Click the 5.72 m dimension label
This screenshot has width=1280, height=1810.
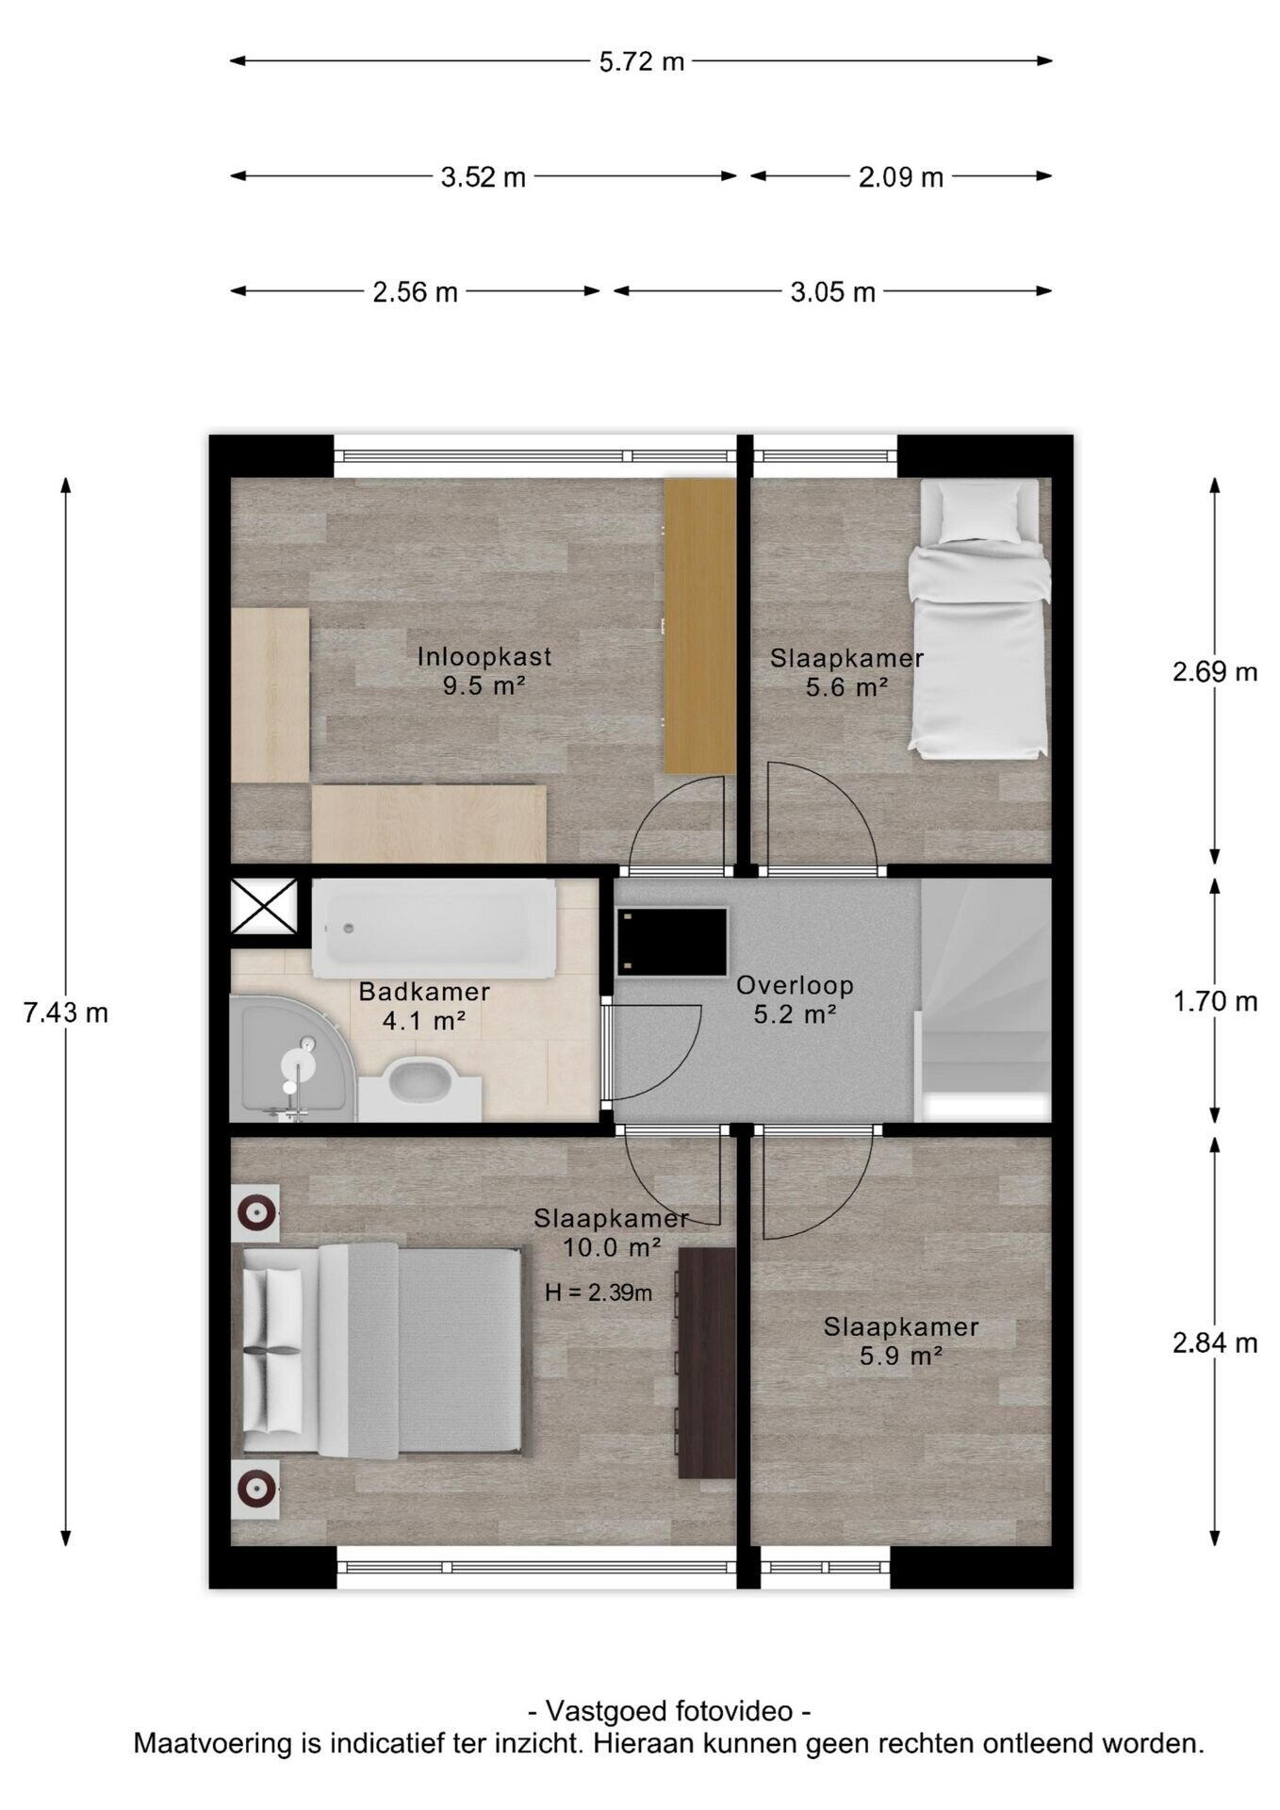tap(641, 62)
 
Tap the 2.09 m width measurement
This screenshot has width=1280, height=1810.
tap(900, 177)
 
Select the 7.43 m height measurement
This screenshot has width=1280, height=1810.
tap(66, 1012)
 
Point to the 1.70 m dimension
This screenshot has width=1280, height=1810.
tap(1214, 1001)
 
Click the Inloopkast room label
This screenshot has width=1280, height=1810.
tap(484, 657)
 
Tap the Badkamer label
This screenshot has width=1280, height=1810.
tap(424, 992)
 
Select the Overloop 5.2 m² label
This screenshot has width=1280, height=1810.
tap(795, 999)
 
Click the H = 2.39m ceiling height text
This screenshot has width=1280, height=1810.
tap(599, 1292)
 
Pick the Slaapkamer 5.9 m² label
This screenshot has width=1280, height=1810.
tap(901, 1341)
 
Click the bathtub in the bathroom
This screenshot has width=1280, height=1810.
tap(434, 930)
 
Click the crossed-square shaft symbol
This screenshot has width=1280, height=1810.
tap(264, 906)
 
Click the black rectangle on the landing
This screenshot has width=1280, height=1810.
tap(671, 942)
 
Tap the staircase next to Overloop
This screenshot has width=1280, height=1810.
tap(986, 999)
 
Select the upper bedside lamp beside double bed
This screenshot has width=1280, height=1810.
tap(255, 1211)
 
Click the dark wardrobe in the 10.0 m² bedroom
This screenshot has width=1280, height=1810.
tap(706, 1362)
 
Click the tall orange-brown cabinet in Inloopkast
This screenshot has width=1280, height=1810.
tap(698, 625)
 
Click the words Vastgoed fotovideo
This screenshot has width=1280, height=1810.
tap(668, 1711)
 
